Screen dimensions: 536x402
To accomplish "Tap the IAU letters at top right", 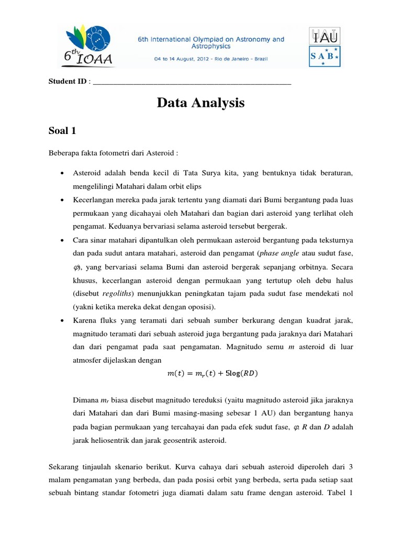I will click(x=325, y=36).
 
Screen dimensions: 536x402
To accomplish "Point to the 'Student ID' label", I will click(x=68, y=82).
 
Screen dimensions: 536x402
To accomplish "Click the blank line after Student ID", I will click(x=192, y=83).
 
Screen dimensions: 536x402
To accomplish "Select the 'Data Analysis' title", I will click(x=201, y=103).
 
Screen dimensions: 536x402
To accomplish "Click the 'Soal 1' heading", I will click(x=62, y=130).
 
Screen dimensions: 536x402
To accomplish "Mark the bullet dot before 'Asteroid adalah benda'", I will click(x=62, y=173).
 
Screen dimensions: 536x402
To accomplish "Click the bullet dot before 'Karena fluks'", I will click(x=62, y=320).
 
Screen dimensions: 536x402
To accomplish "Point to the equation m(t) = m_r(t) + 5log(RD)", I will click(x=213, y=373).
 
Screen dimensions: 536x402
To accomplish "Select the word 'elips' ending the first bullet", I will click(x=191, y=186).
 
